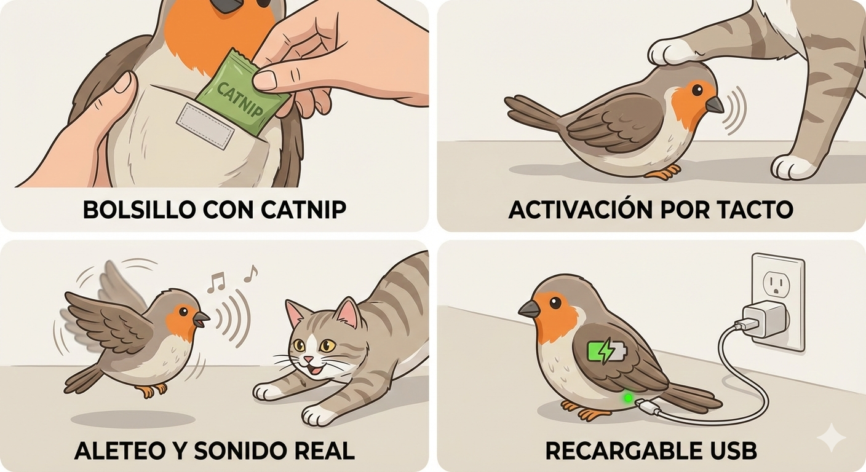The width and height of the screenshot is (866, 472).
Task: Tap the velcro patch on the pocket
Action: (205, 126)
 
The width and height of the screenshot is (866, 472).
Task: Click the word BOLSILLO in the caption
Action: (137, 210)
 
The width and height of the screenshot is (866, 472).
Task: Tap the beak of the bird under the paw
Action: (714, 105)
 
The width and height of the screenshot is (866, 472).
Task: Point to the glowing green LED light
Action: (628, 398)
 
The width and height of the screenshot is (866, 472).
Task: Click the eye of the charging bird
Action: (555, 302)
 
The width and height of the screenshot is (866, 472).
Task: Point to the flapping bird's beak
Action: (201, 318)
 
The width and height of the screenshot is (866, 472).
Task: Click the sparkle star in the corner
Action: (830, 438)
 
